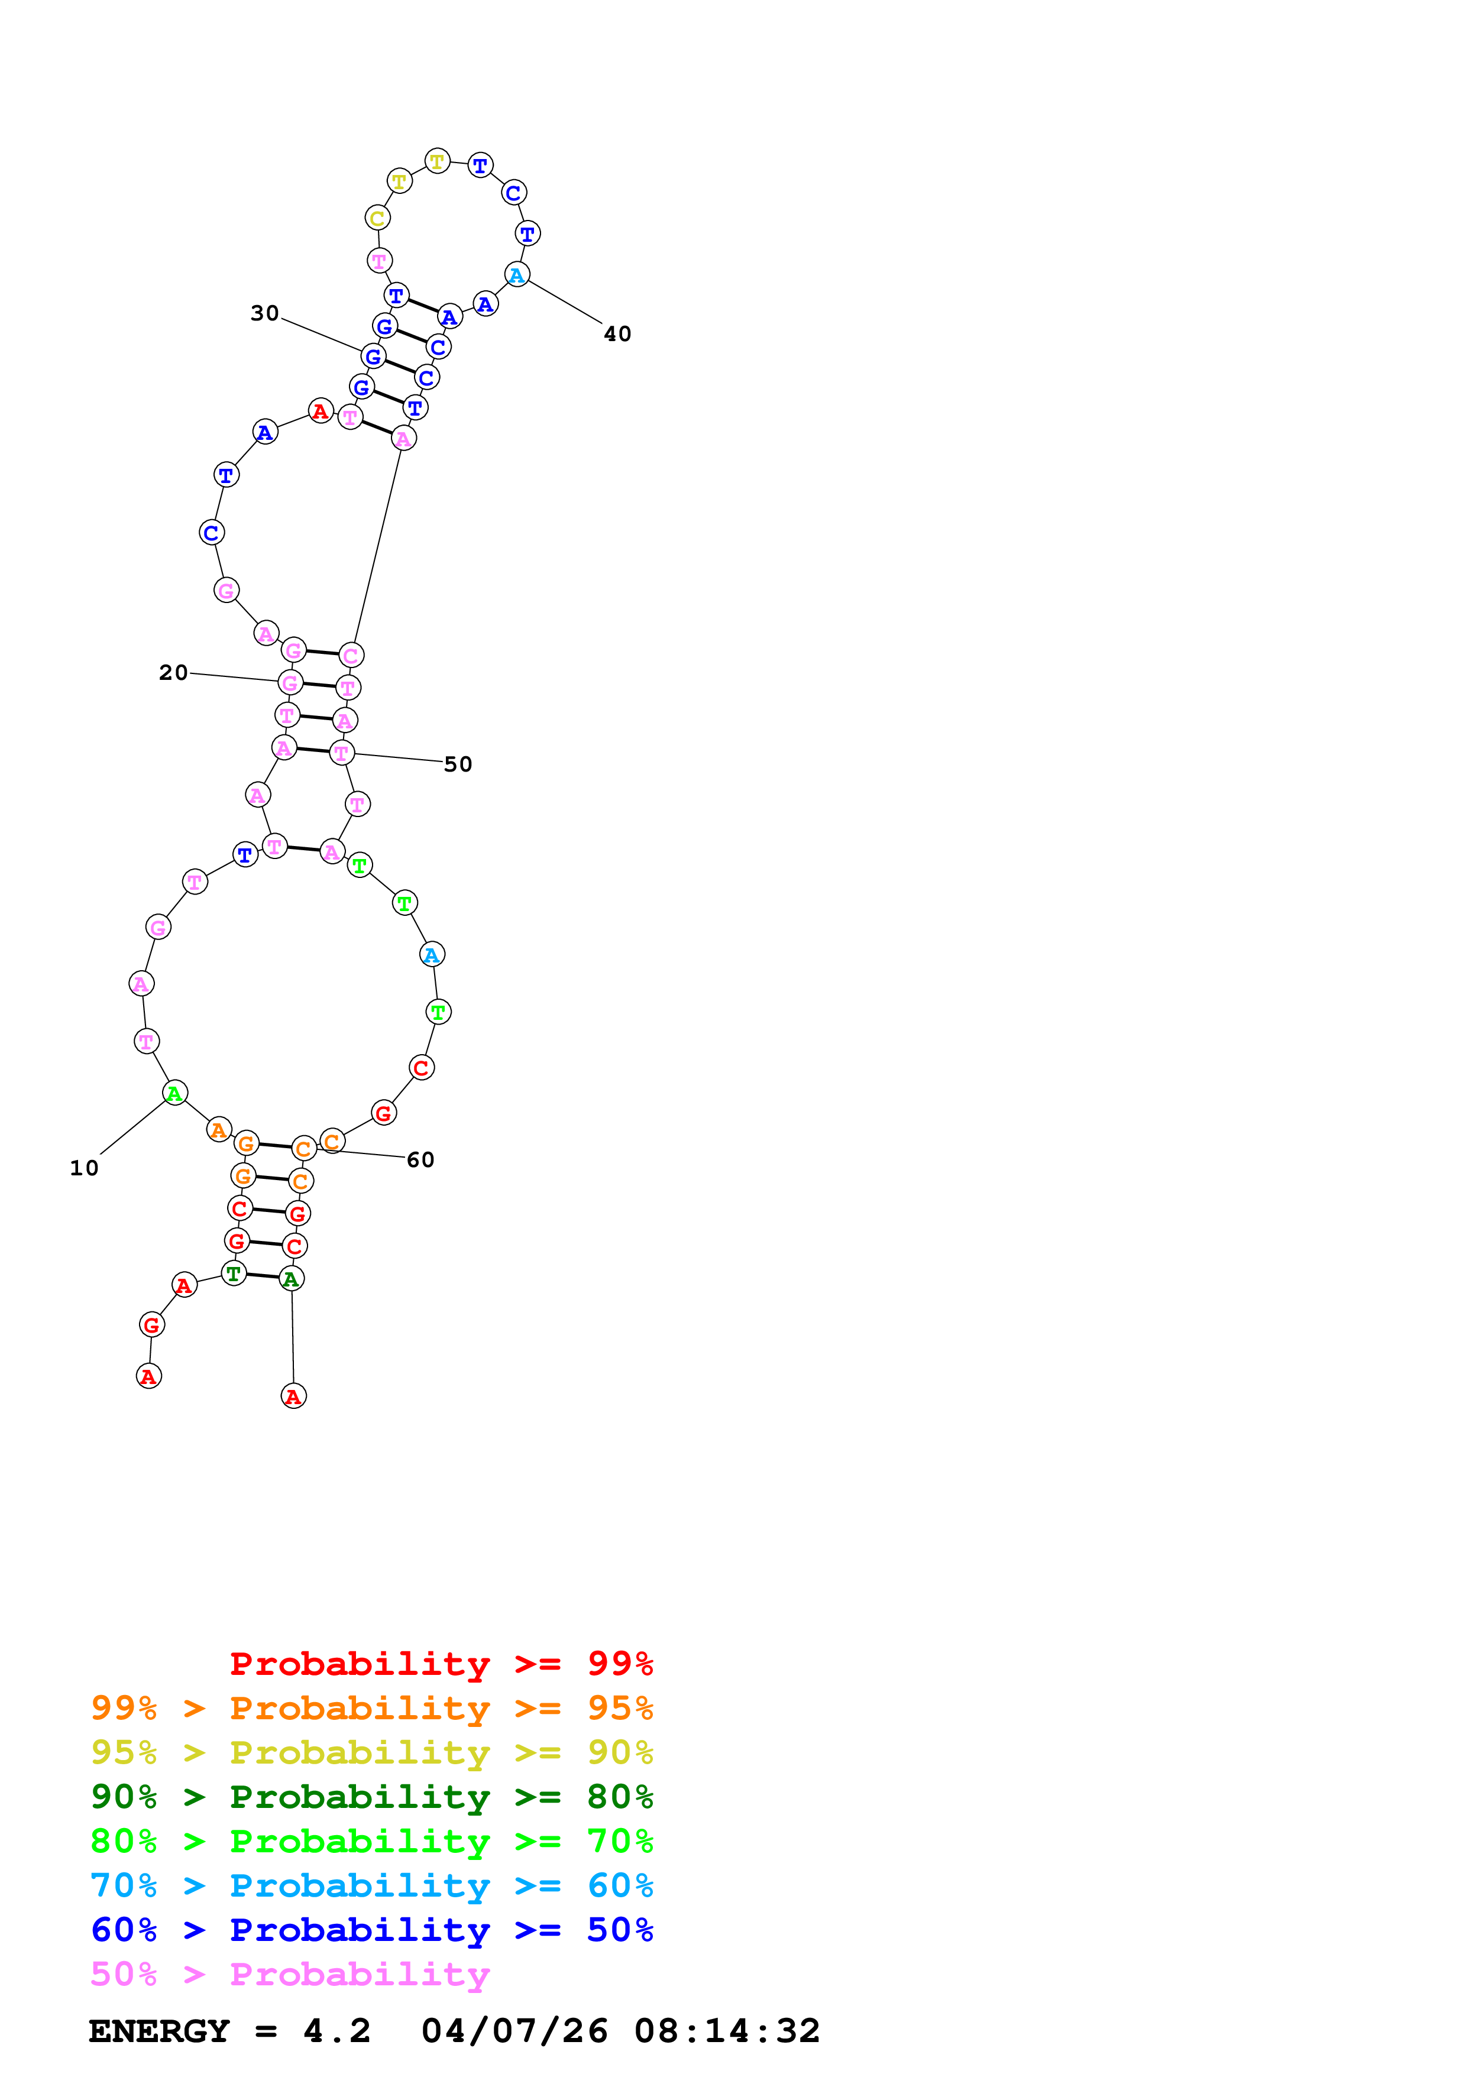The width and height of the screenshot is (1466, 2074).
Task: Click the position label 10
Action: [84, 1168]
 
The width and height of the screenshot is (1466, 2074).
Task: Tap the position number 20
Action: [173, 673]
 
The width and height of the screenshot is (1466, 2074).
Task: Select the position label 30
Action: [265, 313]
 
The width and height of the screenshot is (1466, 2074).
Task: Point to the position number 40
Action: [618, 334]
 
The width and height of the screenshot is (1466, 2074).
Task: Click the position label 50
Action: [458, 764]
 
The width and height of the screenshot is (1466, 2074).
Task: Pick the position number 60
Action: [421, 1160]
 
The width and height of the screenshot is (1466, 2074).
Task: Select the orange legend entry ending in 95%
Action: [371, 1707]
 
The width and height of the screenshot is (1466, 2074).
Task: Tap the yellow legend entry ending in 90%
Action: [371, 1752]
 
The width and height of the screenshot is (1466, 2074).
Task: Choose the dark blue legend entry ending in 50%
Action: [371, 1930]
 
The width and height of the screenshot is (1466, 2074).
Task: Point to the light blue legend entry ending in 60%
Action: [371, 1885]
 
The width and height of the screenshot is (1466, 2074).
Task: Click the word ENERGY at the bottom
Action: [159, 2031]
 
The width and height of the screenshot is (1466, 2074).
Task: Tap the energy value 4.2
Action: [337, 2031]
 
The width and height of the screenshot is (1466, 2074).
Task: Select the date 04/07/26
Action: [514, 2031]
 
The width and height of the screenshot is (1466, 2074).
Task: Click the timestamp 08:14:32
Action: [727, 2031]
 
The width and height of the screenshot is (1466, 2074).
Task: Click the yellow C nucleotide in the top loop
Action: [377, 219]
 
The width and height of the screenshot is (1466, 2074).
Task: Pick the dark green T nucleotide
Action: [234, 1273]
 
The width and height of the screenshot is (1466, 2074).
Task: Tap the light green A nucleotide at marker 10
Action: [174, 1094]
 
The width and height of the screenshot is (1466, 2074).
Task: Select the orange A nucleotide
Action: [219, 1130]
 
